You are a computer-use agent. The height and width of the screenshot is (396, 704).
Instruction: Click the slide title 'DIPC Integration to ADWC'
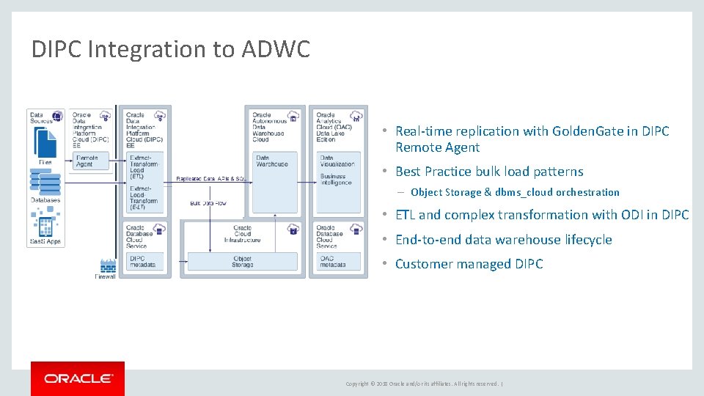[171, 49]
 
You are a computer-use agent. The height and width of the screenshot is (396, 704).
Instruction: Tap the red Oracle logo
[78, 378]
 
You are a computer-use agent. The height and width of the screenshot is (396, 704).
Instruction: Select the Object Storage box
[243, 261]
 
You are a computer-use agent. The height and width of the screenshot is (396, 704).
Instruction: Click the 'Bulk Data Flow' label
[208, 202]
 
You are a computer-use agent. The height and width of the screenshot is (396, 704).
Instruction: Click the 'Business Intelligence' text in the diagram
[336, 179]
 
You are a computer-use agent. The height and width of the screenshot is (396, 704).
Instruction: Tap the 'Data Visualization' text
[337, 161]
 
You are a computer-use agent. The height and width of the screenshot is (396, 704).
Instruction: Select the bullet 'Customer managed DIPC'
[469, 264]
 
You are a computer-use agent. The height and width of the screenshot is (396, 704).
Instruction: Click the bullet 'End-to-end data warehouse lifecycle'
[503, 240]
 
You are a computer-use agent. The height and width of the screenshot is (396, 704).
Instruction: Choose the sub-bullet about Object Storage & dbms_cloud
[515, 192]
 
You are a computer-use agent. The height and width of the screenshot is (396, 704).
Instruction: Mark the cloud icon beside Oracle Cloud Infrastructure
[293, 230]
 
